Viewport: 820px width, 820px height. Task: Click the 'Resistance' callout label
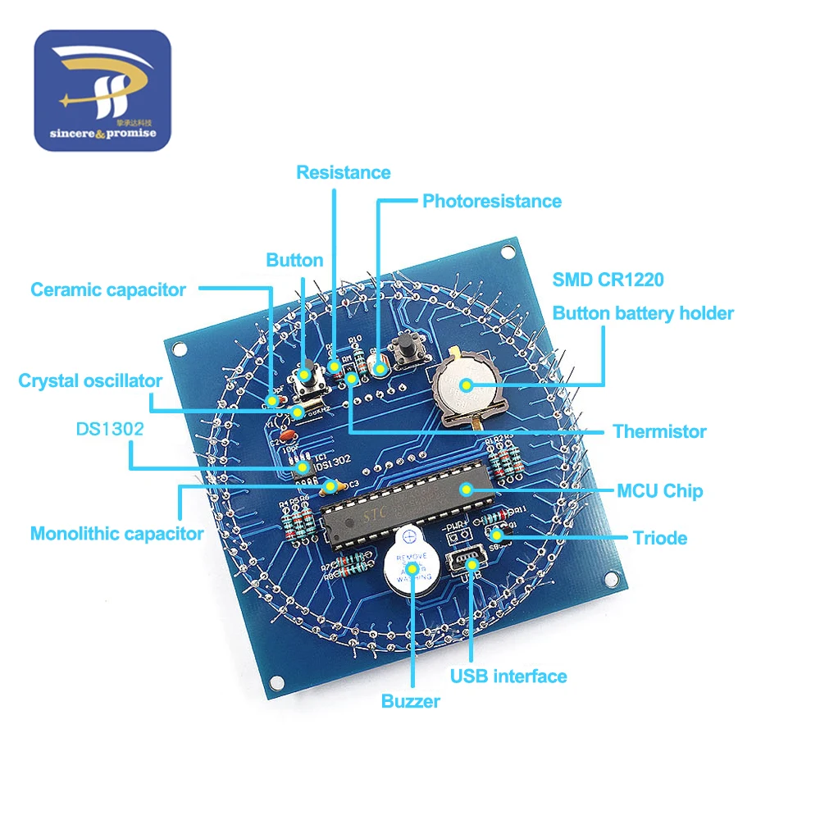click(x=343, y=172)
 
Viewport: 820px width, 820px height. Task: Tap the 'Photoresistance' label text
click(x=492, y=201)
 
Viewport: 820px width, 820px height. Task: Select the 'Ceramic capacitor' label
click(x=108, y=289)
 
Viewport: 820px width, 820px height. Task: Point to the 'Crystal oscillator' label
click(x=90, y=380)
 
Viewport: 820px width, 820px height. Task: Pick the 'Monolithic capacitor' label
click(x=116, y=534)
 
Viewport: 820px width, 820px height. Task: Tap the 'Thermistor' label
click(x=659, y=431)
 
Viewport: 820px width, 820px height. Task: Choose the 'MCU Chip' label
click(x=660, y=491)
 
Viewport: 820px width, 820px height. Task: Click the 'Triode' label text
click(x=660, y=538)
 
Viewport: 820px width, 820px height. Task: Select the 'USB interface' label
click(x=508, y=676)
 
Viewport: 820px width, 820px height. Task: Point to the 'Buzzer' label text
click(x=411, y=701)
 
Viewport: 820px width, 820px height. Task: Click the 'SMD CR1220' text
click(x=608, y=280)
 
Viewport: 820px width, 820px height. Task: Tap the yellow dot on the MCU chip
click(x=467, y=490)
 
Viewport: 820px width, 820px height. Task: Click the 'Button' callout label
click(x=294, y=260)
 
